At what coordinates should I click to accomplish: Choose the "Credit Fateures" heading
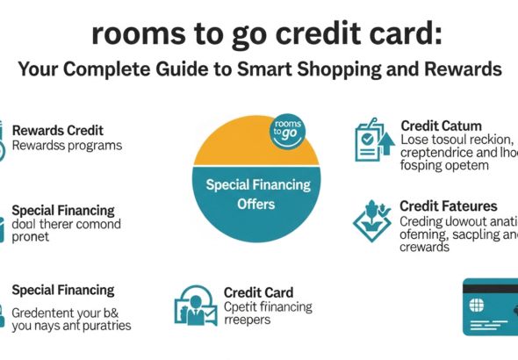pyautogui.click(x=448, y=206)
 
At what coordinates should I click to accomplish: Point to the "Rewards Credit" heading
pyautogui.click(x=57, y=131)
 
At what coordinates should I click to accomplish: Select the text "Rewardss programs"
pyautogui.click(x=67, y=145)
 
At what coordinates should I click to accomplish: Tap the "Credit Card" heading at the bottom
pyautogui.click(x=258, y=292)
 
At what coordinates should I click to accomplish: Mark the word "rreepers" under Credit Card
pyautogui.click(x=248, y=320)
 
